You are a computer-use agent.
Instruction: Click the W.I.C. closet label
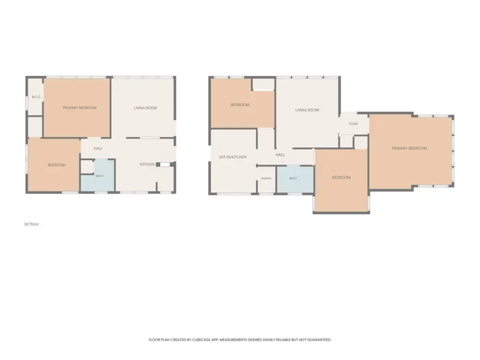point(37,97)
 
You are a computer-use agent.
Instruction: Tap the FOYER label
point(353,124)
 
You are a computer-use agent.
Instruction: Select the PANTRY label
point(266,179)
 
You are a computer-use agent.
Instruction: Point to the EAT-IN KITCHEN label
point(232,157)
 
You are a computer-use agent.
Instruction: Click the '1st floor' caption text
point(31,224)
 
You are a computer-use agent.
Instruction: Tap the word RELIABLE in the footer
point(283,340)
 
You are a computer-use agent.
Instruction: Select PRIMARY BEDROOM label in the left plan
point(80,108)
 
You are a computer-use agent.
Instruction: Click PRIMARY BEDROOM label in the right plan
point(409,149)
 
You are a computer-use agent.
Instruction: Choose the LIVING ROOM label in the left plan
point(145,108)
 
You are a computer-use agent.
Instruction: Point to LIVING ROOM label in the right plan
point(307,110)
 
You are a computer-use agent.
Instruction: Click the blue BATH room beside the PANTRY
point(295,180)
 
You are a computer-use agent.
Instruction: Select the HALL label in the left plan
point(98,149)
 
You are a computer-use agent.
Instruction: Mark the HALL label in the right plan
point(280,155)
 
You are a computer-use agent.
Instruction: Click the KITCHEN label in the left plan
point(147,165)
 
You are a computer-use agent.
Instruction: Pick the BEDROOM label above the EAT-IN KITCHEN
point(240,105)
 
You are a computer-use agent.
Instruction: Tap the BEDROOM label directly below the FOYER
point(341,178)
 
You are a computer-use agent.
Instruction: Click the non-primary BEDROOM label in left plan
point(57,165)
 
